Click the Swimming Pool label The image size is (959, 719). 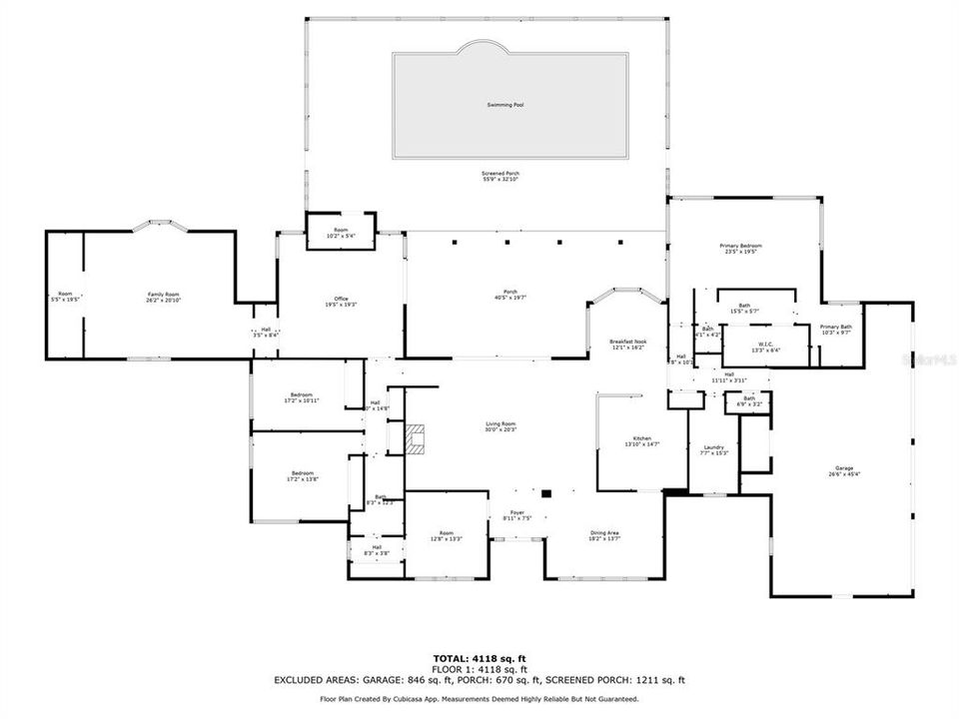point(504,105)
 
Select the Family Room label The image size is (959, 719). point(163,296)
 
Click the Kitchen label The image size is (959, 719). point(641,440)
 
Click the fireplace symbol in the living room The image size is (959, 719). point(416,437)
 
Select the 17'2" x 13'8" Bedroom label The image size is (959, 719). point(303,475)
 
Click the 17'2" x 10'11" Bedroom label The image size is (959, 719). point(303,397)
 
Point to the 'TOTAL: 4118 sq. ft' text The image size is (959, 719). point(479,660)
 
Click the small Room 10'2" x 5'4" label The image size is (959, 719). point(341,233)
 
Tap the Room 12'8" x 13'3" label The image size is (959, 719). point(447,535)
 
